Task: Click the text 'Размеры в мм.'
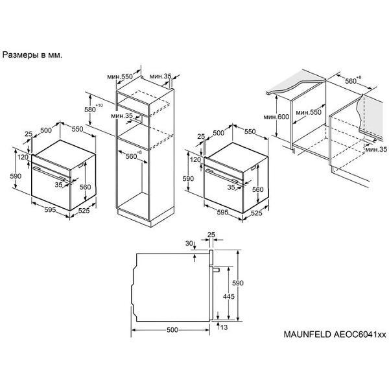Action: click(32, 55)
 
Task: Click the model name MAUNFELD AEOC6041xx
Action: click(335, 334)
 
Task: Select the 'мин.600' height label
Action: click(276, 117)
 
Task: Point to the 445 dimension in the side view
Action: click(228, 296)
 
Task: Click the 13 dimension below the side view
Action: click(224, 327)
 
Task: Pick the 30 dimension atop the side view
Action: click(189, 243)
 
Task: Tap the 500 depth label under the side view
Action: click(172, 330)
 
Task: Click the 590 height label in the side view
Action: click(238, 283)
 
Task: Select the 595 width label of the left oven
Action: click(50, 209)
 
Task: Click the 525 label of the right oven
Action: click(256, 213)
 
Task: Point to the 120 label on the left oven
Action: click(23, 157)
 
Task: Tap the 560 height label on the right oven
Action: click(257, 189)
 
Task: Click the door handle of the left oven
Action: click(49, 173)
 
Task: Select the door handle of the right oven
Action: click(221, 176)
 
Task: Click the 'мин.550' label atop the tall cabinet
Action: click(120, 77)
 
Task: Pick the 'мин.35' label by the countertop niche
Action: click(376, 149)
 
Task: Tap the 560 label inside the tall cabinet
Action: click(131, 156)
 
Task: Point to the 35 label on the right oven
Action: click(231, 187)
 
